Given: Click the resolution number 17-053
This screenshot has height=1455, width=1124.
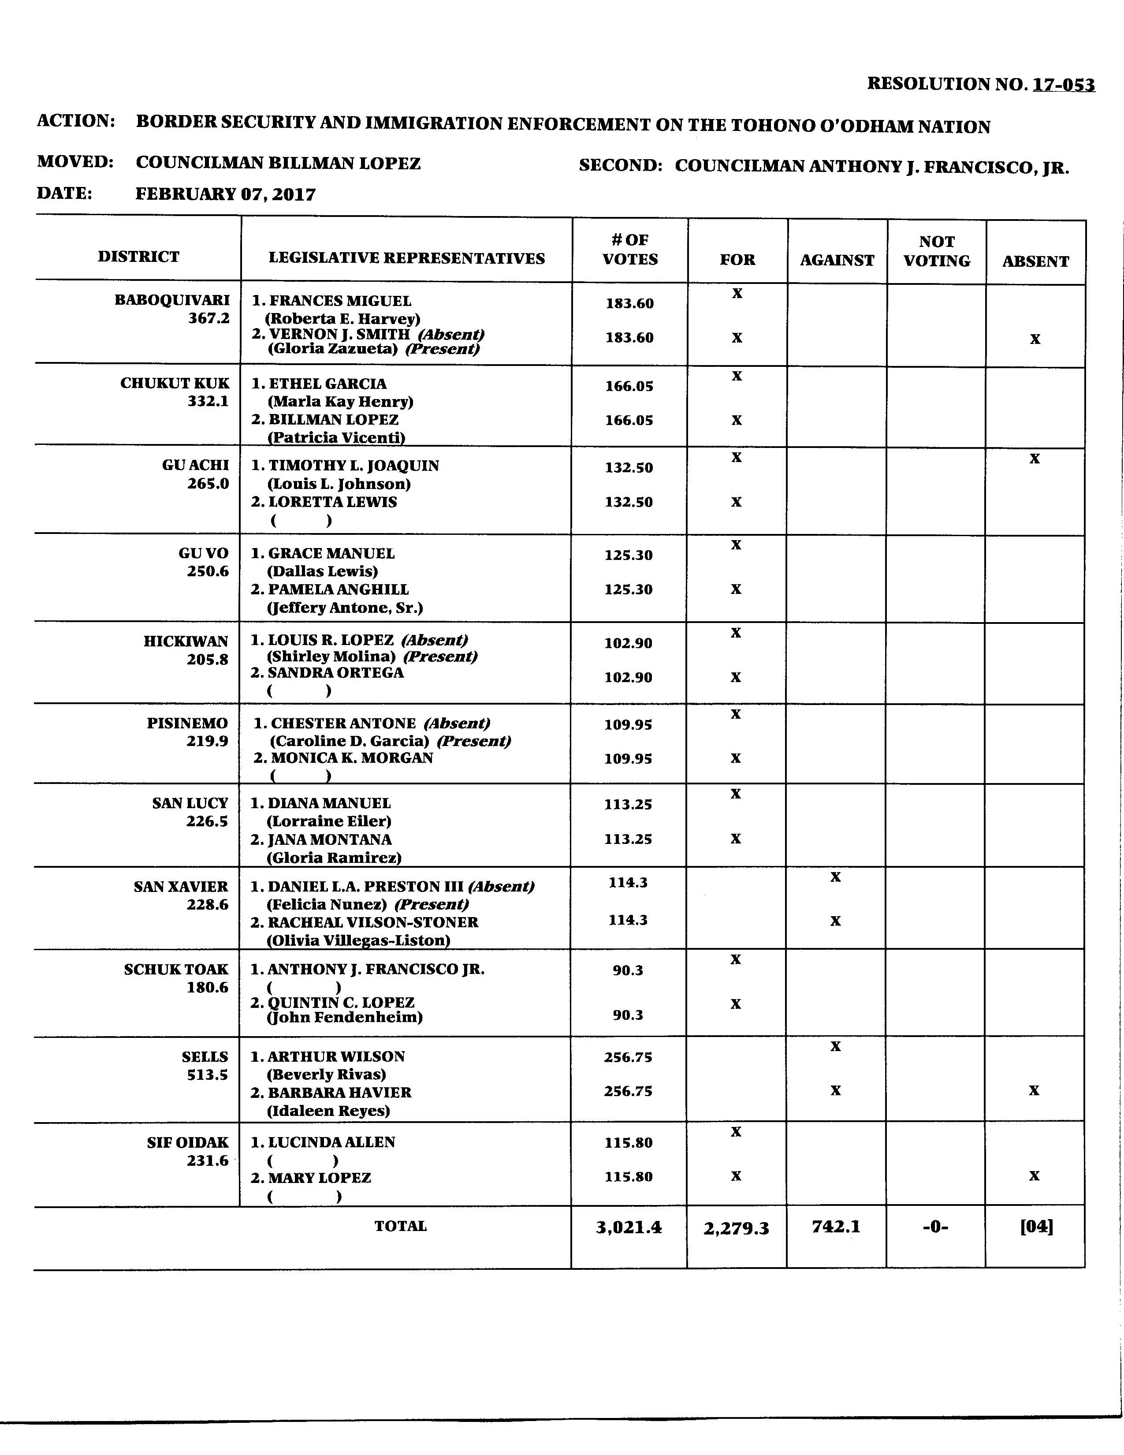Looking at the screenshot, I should pyautogui.click(x=1064, y=85).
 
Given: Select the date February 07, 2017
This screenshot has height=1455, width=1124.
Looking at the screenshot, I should pyautogui.click(x=226, y=194).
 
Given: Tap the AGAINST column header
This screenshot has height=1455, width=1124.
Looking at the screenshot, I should pyautogui.click(x=837, y=261).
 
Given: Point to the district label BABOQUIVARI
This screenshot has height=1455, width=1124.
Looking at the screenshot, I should pyautogui.click(x=172, y=300).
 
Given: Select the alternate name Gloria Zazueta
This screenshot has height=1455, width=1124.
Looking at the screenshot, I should pyautogui.click(x=333, y=348).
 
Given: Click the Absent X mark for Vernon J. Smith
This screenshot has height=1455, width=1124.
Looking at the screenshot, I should pyautogui.click(x=1035, y=339).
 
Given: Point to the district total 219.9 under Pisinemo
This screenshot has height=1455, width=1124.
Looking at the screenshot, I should pyautogui.click(x=207, y=741).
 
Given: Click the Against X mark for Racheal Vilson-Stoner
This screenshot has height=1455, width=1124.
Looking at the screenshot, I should pyautogui.click(x=836, y=921).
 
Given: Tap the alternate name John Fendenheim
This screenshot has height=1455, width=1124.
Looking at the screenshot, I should pyautogui.click(x=345, y=1017).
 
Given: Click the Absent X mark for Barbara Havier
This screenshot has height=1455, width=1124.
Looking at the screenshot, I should pyautogui.click(x=1034, y=1090).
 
